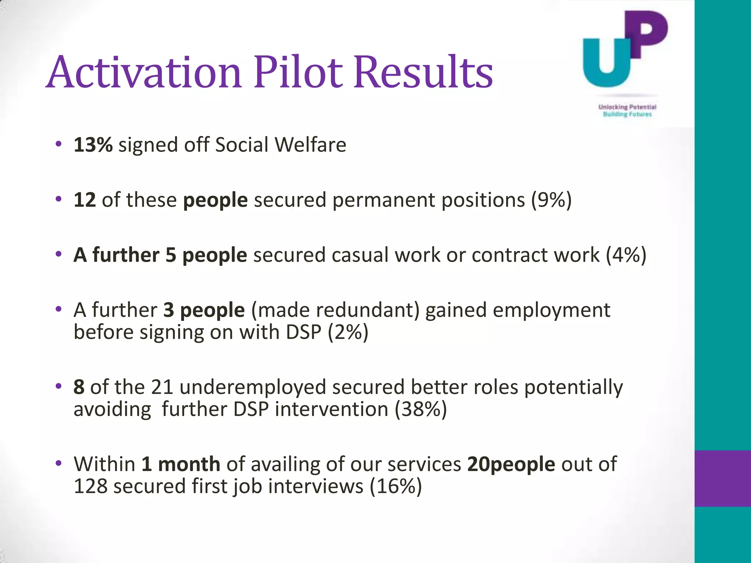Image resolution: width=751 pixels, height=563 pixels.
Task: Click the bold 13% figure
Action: [x=93, y=145]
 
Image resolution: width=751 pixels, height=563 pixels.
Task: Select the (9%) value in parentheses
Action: [x=552, y=200]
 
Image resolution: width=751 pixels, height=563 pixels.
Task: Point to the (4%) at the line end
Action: [x=626, y=255]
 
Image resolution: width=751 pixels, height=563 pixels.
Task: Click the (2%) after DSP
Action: [x=348, y=332]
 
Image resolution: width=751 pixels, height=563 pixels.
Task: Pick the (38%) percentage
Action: [x=421, y=409]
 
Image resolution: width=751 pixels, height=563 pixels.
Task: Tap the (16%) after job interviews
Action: [x=396, y=486]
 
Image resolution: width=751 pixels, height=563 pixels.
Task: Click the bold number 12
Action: [x=85, y=200]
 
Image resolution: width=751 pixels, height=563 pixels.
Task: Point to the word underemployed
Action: [x=253, y=387]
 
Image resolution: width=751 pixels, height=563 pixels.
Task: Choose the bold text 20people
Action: [x=511, y=464]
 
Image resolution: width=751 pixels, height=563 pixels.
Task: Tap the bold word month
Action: [x=189, y=464]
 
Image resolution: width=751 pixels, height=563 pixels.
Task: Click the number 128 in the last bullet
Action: [x=91, y=486]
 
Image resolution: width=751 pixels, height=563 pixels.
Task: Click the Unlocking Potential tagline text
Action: [x=627, y=107]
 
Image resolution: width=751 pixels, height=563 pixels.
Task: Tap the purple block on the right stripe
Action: [x=722, y=478]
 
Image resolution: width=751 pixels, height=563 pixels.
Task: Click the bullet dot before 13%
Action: [x=58, y=144]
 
